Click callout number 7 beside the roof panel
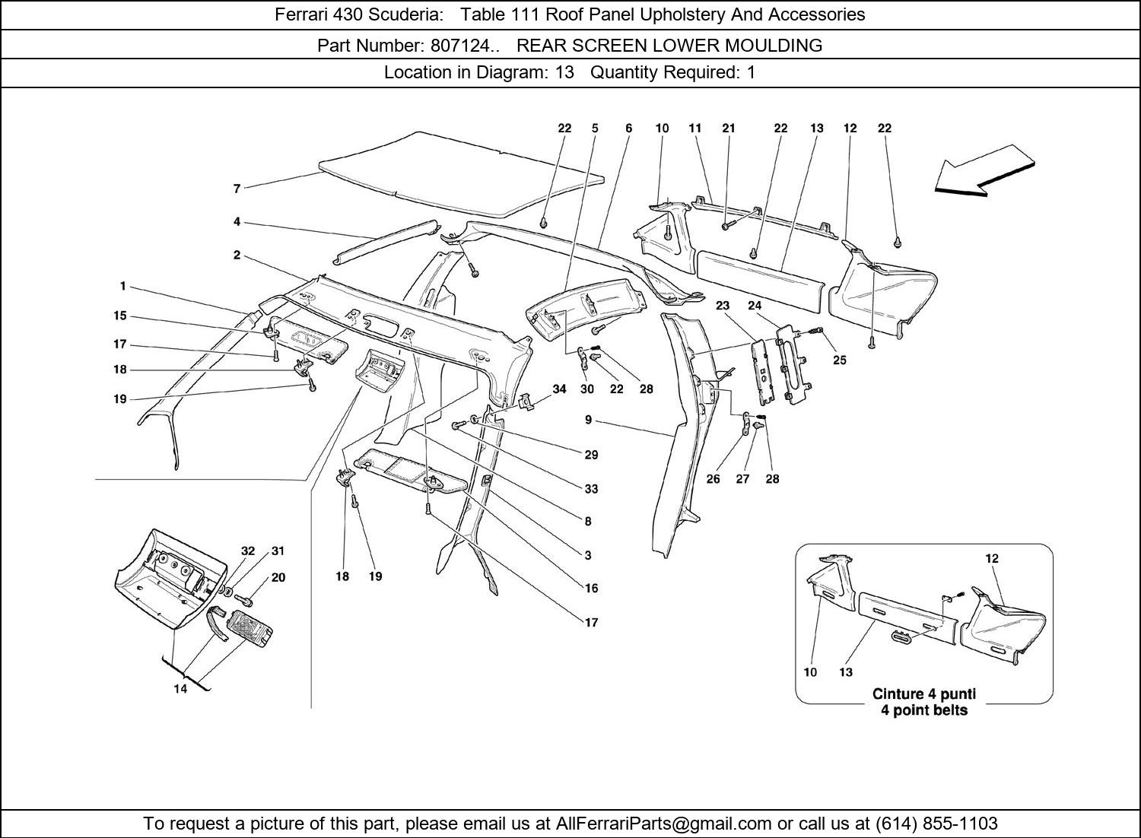pyautogui.click(x=237, y=189)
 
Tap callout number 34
pyautogui.click(x=559, y=389)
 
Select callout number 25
pyautogui.click(x=839, y=360)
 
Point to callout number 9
pyautogui.click(x=589, y=419)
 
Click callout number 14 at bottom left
pyautogui.click(x=180, y=690)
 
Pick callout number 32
pyautogui.click(x=248, y=551)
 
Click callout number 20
pyautogui.click(x=278, y=577)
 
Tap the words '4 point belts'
pyautogui.click(x=923, y=710)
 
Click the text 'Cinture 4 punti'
pyautogui.click(x=923, y=694)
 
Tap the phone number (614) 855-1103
pyautogui.click(x=936, y=824)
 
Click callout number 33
pyautogui.click(x=591, y=489)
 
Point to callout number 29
pyautogui.click(x=591, y=455)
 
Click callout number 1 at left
pyautogui.click(x=122, y=287)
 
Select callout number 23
pyautogui.click(x=722, y=306)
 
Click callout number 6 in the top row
pyautogui.click(x=628, y=129)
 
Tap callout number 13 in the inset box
pyautogui.click(x=846, y=671)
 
